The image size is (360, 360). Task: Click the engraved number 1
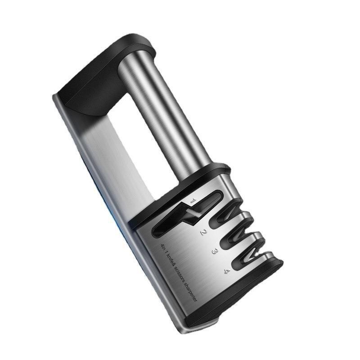(x=193, y=200)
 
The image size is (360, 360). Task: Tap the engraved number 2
(x=203, y=232)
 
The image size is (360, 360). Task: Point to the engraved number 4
(x=227, y=271)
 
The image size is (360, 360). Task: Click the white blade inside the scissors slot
(x=193, y=213)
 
